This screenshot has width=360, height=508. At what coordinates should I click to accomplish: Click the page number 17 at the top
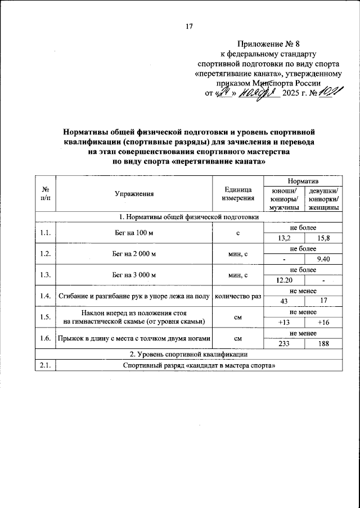click(x=190, y=26)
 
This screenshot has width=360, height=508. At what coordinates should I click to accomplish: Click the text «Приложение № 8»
click(x=268, y=43)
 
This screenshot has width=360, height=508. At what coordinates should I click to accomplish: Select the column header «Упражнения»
click(x=134, y=194)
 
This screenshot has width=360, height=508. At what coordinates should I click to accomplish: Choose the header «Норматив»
click(x=303, y=182)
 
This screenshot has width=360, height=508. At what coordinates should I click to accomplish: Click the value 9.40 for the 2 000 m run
click(x=323, y=259)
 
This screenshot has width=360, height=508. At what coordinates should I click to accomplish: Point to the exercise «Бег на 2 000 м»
click(x=134, y=254)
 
